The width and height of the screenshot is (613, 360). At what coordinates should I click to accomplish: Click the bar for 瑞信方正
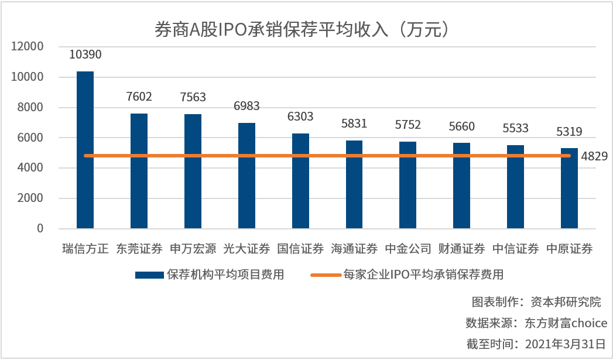[x=85, y=150]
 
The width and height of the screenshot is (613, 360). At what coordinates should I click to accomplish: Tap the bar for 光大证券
[x=246, y=176]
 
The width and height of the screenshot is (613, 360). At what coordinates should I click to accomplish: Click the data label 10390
[x=85, y=55]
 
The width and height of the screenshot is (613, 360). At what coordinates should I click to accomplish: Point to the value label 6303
[x=300, y=116]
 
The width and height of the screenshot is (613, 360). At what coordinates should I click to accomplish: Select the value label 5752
[x=408, y=125]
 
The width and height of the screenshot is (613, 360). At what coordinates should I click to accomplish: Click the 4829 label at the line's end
[x=594, y=156]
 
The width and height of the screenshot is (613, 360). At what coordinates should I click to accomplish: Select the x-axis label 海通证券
[x=354, y=249]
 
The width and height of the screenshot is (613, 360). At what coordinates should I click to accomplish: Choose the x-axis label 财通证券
[x=462, y=249]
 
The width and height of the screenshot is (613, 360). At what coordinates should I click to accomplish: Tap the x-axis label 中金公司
[x=408, y=249]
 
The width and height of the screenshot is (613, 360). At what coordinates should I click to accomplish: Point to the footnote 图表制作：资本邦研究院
[x=536, y=303]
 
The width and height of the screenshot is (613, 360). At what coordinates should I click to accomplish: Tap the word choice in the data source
[x=589, y=323]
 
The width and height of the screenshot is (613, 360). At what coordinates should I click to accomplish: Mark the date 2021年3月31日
[x=566, y=344]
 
